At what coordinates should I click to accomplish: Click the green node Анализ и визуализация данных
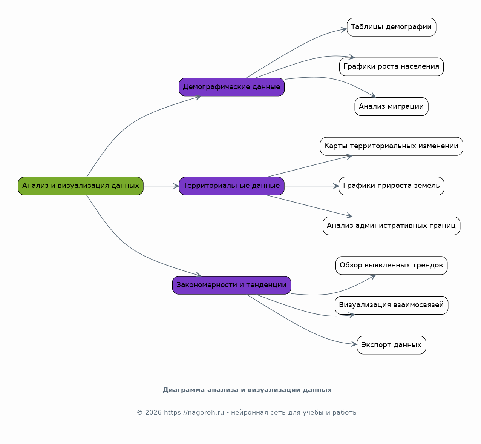[x=81, y=186]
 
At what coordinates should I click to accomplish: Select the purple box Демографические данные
[x=231, y=87]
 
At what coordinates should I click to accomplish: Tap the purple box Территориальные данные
[x=231, y=186]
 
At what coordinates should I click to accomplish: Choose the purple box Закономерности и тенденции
[x=231, y=285]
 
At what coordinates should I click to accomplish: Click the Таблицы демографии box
[x=391, y=27]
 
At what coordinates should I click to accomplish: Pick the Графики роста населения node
[x=391, y=67]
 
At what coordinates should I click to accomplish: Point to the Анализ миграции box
[x=391, y=107]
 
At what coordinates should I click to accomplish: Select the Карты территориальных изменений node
[x=391, y=146]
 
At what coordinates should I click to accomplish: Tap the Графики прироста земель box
[x=391, y=186]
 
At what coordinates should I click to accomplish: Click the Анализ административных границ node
[x=391, y=226]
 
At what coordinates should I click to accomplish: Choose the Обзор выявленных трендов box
[x=391, y=266]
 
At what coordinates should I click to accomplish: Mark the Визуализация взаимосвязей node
[x=391, y=305]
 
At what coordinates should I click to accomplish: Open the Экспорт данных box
[x=391, y=345]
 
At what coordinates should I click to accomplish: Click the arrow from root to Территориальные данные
[x=161, y=186]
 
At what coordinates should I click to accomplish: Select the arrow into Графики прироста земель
[x=312, y=186]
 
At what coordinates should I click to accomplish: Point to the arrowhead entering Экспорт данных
[x=354, y=344]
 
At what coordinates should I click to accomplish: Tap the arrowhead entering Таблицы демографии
[x=344, y=29]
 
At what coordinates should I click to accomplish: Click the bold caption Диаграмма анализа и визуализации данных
[x=247, y=390]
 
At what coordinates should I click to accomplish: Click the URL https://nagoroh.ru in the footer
[x=194, y=412]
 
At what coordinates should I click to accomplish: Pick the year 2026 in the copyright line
[x=153, y=412]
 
